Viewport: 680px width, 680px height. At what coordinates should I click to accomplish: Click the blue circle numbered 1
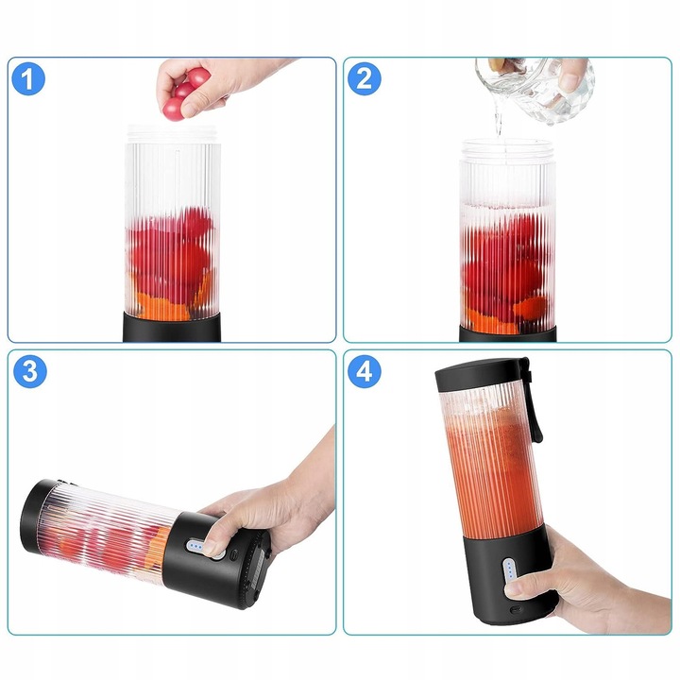[x=29, y=79]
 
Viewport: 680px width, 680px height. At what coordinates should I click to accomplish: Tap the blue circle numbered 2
[x=365, y=79]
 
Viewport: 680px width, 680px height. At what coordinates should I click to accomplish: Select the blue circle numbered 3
[x=29, y=372]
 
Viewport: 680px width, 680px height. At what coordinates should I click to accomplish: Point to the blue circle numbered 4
[x=365, y=372]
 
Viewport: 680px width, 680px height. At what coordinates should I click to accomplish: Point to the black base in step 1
[x=173, y=329]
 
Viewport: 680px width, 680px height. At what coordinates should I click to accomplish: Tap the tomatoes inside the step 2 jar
[x=505, y=264]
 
